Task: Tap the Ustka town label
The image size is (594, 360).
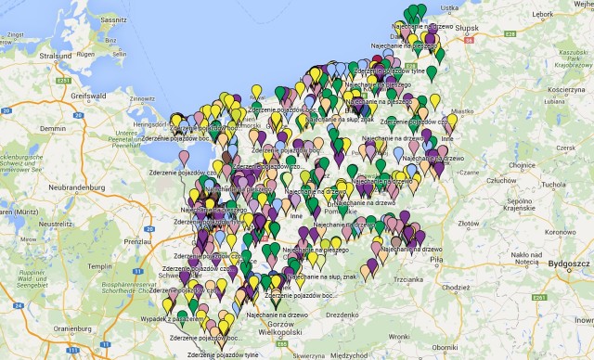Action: tap(449, 6)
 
